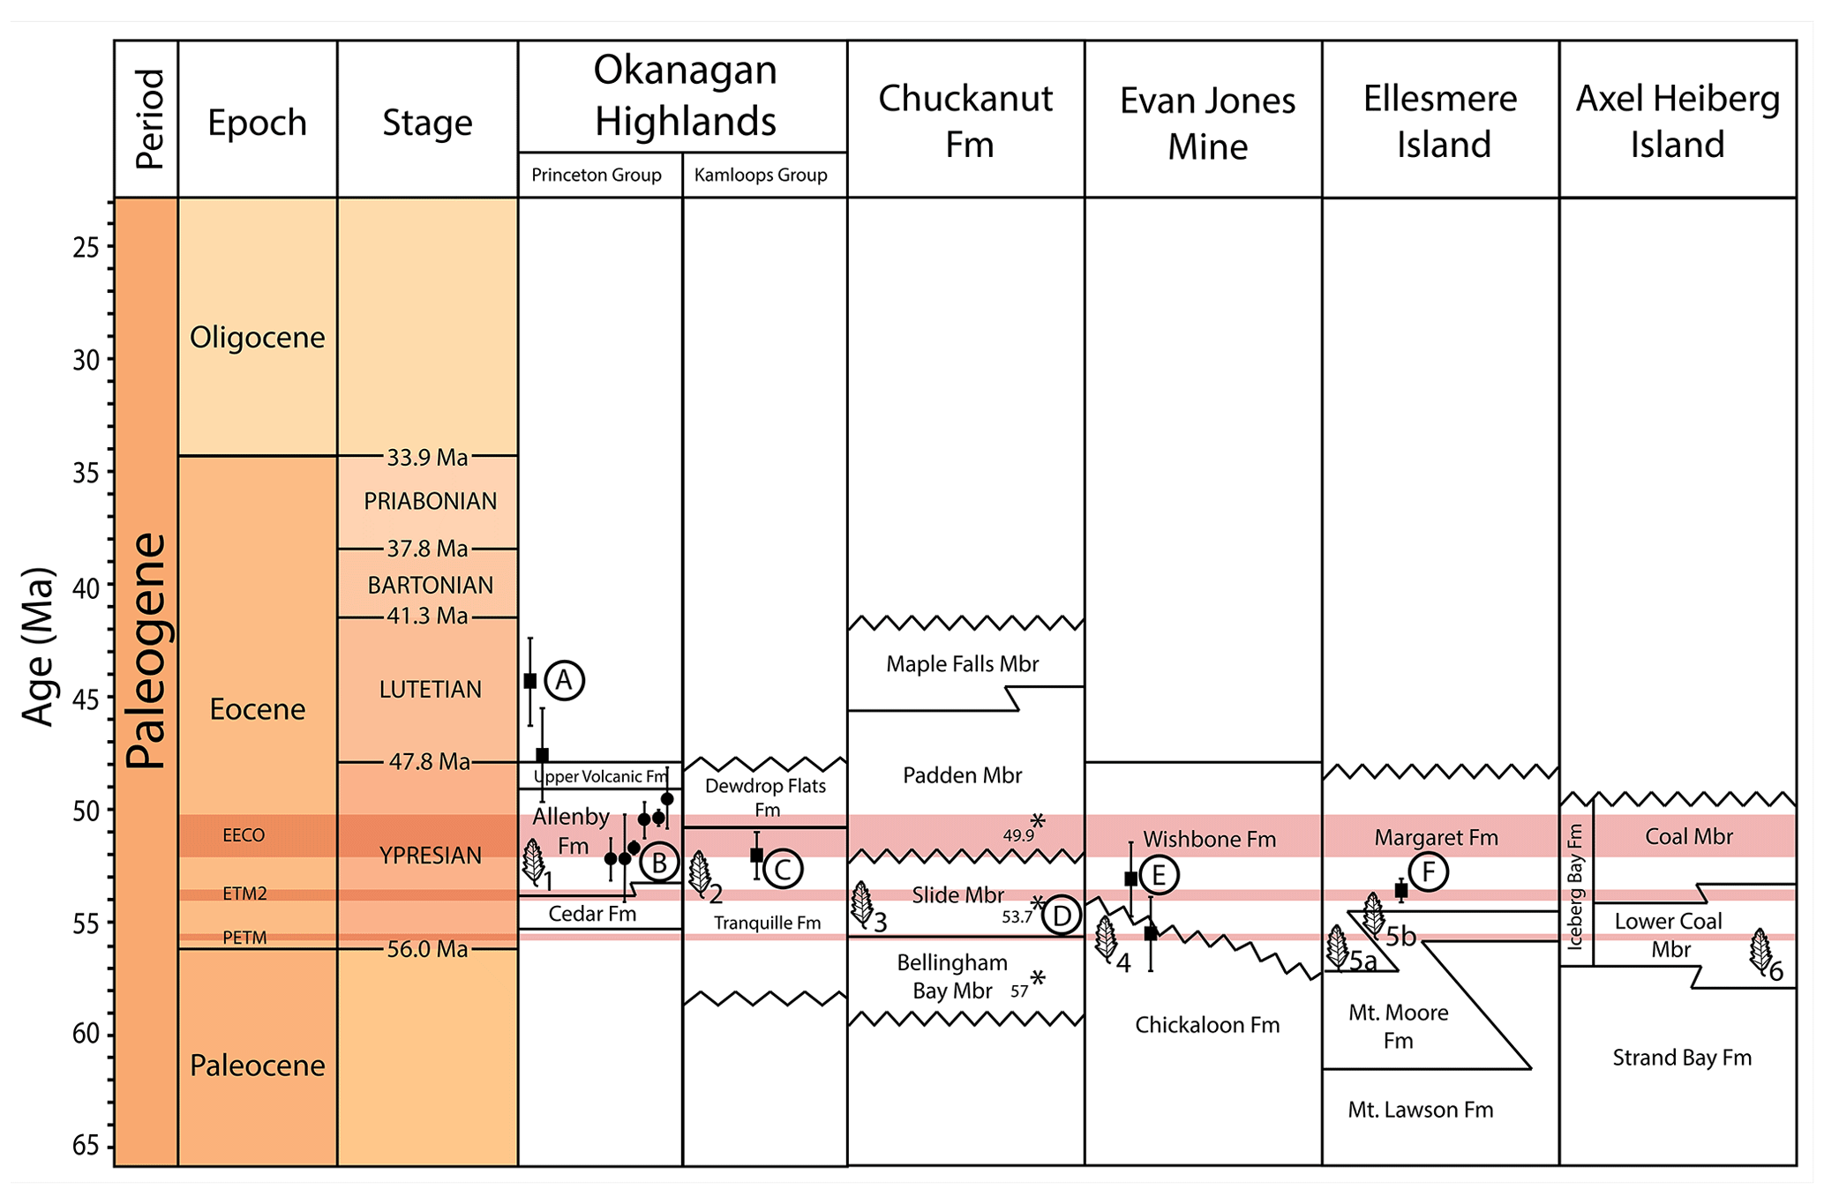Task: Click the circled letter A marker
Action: [564, 681]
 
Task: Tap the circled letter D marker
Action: [1062, 916]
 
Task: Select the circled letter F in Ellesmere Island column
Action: [1429, 872]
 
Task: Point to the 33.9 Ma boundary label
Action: [427, 457]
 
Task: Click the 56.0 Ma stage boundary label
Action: [427, 949]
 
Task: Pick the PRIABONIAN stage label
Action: [430, 501]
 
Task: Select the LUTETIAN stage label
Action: [430, 689]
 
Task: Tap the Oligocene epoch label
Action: [257, 337]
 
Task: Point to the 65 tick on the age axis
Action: [86, 1146]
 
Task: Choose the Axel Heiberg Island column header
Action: [1678, 121]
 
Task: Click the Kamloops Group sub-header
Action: [761, 175]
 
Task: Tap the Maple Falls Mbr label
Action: [962, 663]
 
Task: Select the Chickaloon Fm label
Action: [1206, 1025]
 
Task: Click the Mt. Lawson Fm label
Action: [1420, 1110]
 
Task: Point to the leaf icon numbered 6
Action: [1760, 950]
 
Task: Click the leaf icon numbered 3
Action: [861, 903]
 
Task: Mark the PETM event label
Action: [244, 938]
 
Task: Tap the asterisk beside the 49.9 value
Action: [1038, 822]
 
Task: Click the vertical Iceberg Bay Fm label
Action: [1575, 886]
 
